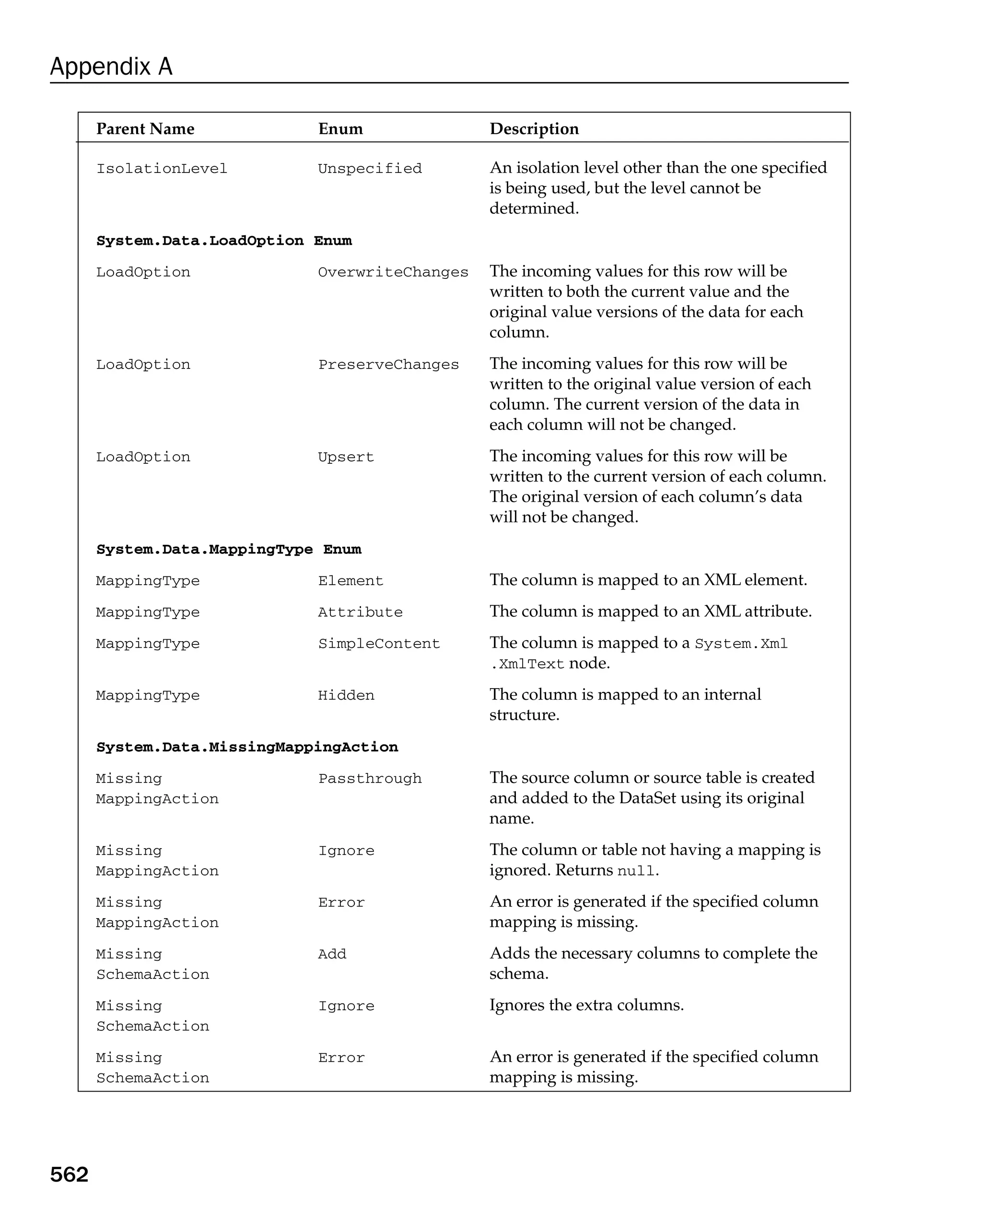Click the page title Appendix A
[111, 66]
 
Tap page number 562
[69, 1174]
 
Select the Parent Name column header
[145, 128]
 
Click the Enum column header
[340, 128]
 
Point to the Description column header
[534, 128]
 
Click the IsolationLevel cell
[161, 169]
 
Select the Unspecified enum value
[370, 169]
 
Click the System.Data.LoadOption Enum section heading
[224, 241]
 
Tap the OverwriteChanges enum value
[393, 272]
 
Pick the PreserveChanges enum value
[388, 364]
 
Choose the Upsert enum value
[346, 457]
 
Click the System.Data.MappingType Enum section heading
[229, 549]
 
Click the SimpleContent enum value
[379, 644]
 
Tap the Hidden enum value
[346, 695]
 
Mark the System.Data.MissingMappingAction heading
[247, 747]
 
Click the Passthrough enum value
[370, 778]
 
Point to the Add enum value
[332, 954]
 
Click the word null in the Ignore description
[636, 871]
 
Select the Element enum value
[350, 581]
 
